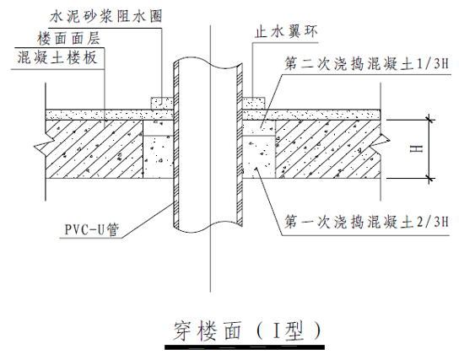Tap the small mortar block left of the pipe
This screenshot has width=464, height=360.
pos(162,102)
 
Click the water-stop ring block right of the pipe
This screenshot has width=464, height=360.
pos(251,102)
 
